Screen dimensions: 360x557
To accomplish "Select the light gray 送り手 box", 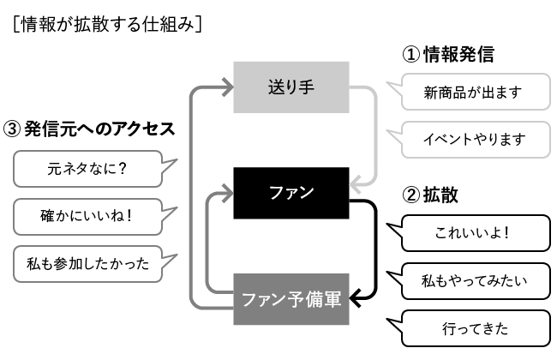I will [291, 87].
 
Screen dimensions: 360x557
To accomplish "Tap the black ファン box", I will [291, 192].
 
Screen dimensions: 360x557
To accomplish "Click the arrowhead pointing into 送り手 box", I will [228, 87].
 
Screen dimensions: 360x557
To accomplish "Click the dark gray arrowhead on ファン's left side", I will [228, 194].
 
